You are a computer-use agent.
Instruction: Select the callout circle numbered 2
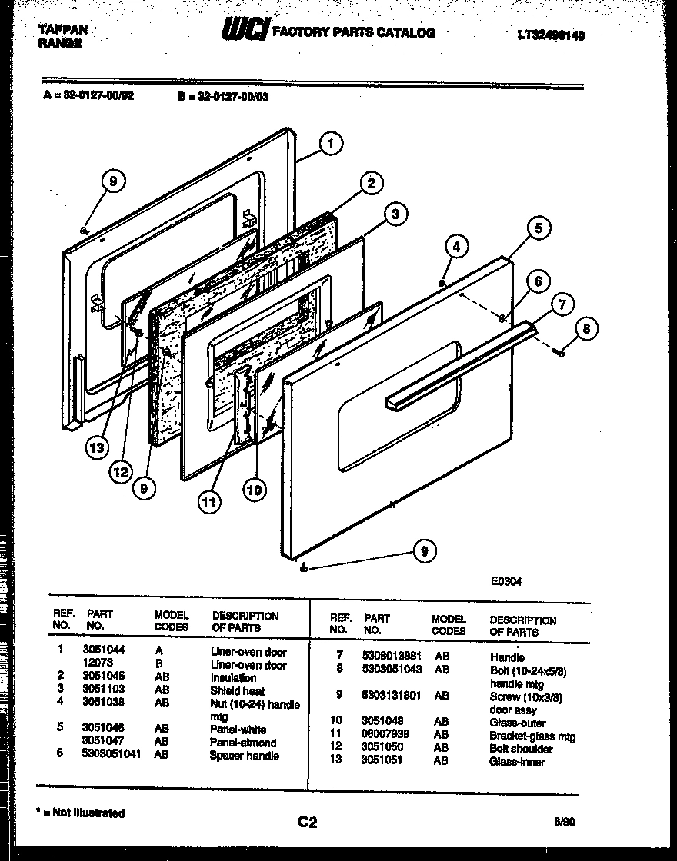pos(371,183)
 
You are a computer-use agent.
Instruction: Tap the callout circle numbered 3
pos(395,214)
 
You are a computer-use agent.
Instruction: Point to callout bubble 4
pos(456,247)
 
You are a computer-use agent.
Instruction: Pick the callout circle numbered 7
pos(562,304)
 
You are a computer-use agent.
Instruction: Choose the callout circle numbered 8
pos(587,330)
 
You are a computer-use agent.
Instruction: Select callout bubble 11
pos(208,503)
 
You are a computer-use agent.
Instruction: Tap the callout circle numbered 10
pos(255,489)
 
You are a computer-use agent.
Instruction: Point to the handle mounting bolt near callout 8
pos(561,353)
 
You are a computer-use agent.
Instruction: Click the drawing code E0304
pos(506,582)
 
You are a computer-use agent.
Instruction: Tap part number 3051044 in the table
pos(102,650)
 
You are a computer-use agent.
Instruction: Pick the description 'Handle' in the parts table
pos(507,657)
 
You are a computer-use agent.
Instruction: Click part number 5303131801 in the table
pos(392,696)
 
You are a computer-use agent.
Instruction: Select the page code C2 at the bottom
pos(307,823)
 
